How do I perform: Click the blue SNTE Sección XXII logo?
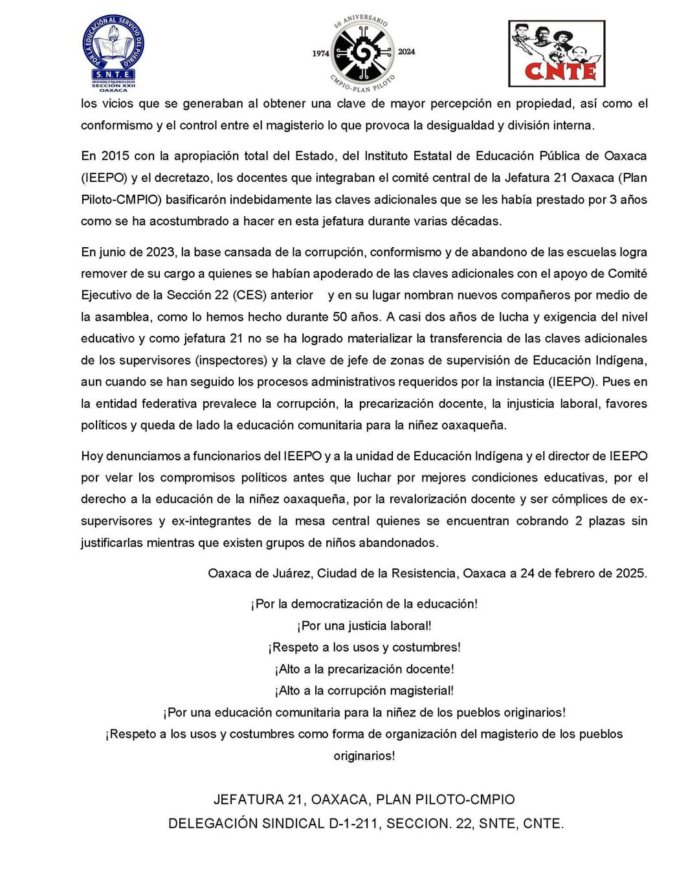click(113, 53)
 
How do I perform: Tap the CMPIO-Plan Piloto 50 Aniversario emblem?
click(362, 52)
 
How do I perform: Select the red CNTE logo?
click(557, 53)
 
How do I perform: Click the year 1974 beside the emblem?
click(320, 54)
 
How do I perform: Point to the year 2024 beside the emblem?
click(406, 52)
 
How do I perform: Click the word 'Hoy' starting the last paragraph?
click(91, 456)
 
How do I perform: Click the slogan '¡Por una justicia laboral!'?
click(364, 626)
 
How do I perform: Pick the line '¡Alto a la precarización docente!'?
click(364, 669)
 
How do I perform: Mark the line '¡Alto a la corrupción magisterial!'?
click(364, 691)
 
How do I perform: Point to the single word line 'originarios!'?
click(364, 756)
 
